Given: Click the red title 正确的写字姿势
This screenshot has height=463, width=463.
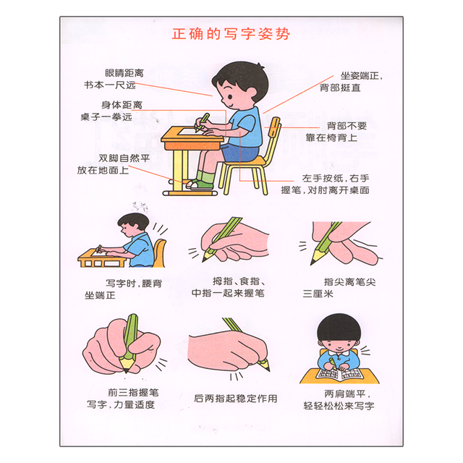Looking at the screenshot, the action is pyautogui.click(x=231, y=34).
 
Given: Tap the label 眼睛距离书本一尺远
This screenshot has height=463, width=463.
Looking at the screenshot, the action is pyautogui.click(x=114, y=79).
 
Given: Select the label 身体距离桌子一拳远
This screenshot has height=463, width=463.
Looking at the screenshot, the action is pyautogui.click(x=111, y=111).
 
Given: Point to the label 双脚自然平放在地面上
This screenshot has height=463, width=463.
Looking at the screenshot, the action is pyautogui.click(x=114, y=164).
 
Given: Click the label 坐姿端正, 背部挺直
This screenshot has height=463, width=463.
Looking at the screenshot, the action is pyautogui.click(x=352, y=82).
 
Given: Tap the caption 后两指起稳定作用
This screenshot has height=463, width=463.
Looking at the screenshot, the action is pyautogui.click(x=236, y=399).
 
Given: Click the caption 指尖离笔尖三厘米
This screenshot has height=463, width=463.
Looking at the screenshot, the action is pyautogui.click(x=339, y=288).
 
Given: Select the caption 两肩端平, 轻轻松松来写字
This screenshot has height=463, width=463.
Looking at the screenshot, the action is pyautogui.click(x=339, y=400).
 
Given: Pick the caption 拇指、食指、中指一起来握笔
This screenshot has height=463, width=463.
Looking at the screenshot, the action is pyautogui.click(x=229, y=287).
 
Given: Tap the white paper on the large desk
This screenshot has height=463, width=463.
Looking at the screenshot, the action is pyautogui.click(x=188, y=131).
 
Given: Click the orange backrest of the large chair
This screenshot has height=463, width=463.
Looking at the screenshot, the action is pyautogui.click(x=274, y=126).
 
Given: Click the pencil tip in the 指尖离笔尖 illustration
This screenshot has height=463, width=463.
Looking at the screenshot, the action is pyautogui.click(x=313, y=262).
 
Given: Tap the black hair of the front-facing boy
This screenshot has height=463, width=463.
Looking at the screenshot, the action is pyautogui.click(x=339, y=327).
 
